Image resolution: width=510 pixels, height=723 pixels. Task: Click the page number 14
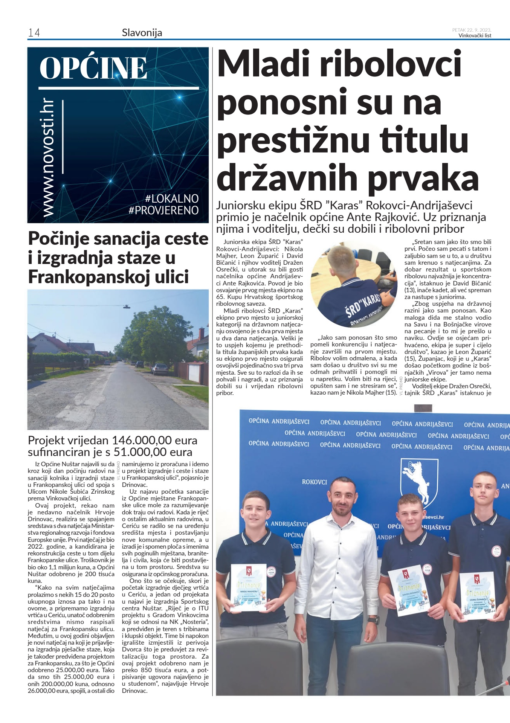point(34,33)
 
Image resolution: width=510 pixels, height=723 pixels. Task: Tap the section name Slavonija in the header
point(142,33)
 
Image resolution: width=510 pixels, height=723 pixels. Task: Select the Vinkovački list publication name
point(475,36)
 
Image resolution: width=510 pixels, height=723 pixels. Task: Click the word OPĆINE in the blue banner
point(93,68)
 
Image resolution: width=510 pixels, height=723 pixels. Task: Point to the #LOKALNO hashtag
point(172,198)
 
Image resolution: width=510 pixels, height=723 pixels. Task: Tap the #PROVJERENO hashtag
point(163,210)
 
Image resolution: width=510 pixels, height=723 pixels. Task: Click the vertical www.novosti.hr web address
point(48,158)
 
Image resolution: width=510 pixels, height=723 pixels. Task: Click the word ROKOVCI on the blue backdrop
point(315,482)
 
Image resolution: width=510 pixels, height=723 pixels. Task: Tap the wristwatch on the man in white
point(373,619)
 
